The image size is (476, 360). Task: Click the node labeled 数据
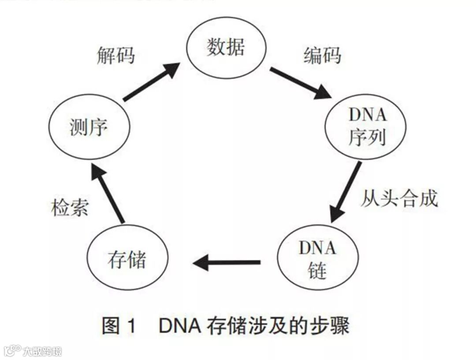point(225,47)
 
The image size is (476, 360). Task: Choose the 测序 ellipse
point(89,128)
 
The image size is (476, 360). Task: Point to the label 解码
point(115,56)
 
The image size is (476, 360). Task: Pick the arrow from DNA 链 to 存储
point(227,263)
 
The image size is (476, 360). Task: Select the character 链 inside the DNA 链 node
point(317,270)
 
